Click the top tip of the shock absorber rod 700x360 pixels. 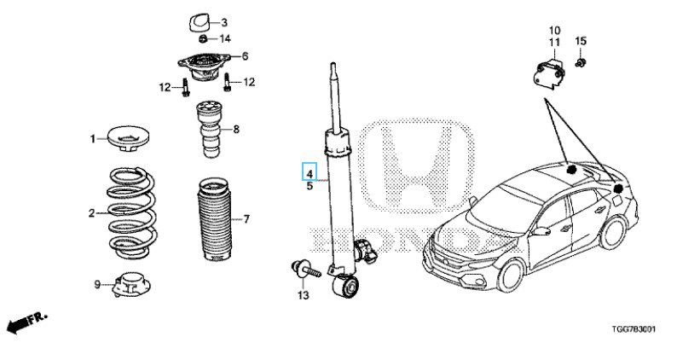pos(333,63)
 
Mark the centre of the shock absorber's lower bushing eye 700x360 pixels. pos(346,286)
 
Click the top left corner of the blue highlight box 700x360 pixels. pos(303,163)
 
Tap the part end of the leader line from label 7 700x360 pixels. pos(231,219)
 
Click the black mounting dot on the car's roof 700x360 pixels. pos(571,170)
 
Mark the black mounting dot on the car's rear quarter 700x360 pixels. pos(618,189)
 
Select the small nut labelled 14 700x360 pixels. pos(203,38)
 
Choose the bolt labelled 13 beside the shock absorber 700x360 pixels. pos(305,270)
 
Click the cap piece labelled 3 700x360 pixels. pos(198,23)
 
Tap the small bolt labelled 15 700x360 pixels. pos(581,62)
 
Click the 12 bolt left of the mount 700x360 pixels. pos(185,87)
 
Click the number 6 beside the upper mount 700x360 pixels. pos(245,56)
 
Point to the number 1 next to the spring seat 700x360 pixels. pos(93,139)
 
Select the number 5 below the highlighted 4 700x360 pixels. pos(310,186)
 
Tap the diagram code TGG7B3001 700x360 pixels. pos(633,330)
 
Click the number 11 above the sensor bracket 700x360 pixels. pos(554,43)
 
